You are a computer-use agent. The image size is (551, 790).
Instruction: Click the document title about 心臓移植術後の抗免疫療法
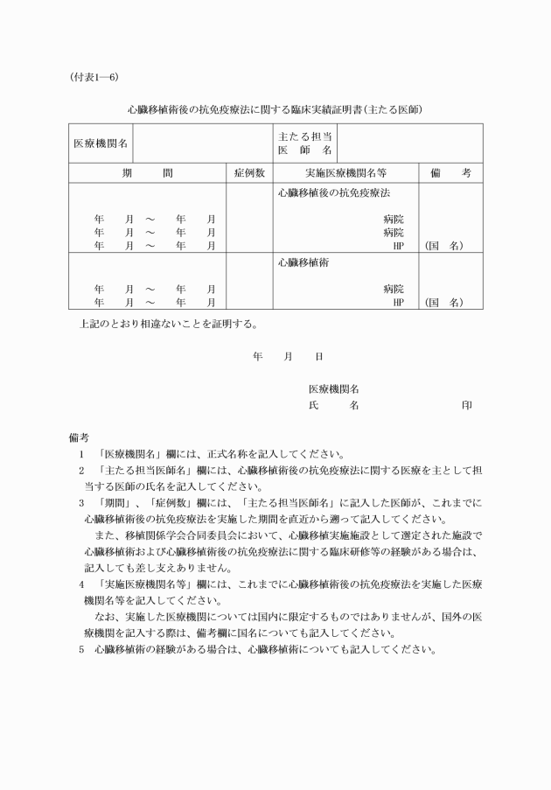275,111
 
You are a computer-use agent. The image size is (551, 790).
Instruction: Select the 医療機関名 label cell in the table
101,143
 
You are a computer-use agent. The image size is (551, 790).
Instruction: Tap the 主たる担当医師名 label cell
304,143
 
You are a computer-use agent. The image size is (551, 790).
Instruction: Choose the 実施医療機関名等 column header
345,173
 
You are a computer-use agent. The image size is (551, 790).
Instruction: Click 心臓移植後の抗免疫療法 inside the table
333,191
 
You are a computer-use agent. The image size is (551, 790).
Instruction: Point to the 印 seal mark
468,406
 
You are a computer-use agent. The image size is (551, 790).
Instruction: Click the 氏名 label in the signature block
333,406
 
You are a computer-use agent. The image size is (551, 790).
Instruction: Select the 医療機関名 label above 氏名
334,389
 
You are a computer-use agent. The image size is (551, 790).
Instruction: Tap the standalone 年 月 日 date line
288,357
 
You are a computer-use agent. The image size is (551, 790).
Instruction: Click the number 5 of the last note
80,649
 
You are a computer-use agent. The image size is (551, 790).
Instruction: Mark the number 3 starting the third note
80,503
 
